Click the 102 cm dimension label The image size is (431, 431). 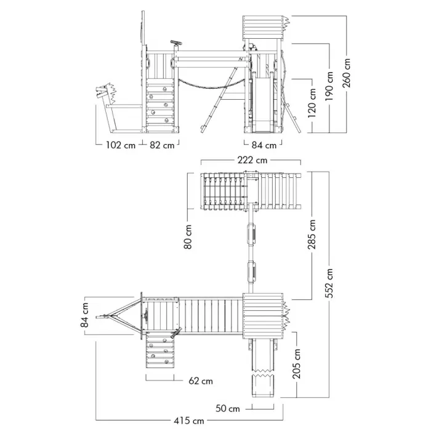point(121,145)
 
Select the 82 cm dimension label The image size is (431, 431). point(162,145)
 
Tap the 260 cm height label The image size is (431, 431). point(346,73)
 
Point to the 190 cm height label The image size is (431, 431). point(329,86)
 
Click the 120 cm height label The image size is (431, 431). point(312,103)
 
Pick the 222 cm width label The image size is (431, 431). point(252,160)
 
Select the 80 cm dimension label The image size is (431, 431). point(188,237)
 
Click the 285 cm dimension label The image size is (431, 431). point(312,235)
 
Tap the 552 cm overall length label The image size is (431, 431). point(329,283)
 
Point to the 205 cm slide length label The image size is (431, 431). point(297,364)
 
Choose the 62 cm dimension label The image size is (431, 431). point(201,381)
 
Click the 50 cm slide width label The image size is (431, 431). point(228,408)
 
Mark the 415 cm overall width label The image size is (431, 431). point(189,421)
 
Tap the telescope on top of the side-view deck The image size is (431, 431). point(176,43)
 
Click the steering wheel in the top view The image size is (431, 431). point(146,315)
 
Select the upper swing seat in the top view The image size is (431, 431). point(252,233)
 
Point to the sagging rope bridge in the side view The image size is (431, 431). point(212,85)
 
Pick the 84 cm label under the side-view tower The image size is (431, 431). point(264,145)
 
